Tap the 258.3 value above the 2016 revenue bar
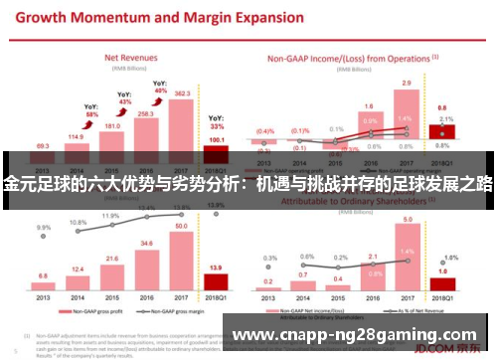pos(147,114)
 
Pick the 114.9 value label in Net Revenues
pos(76,136)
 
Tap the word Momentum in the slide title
pos(100,17)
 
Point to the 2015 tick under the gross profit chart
pos(111,294)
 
